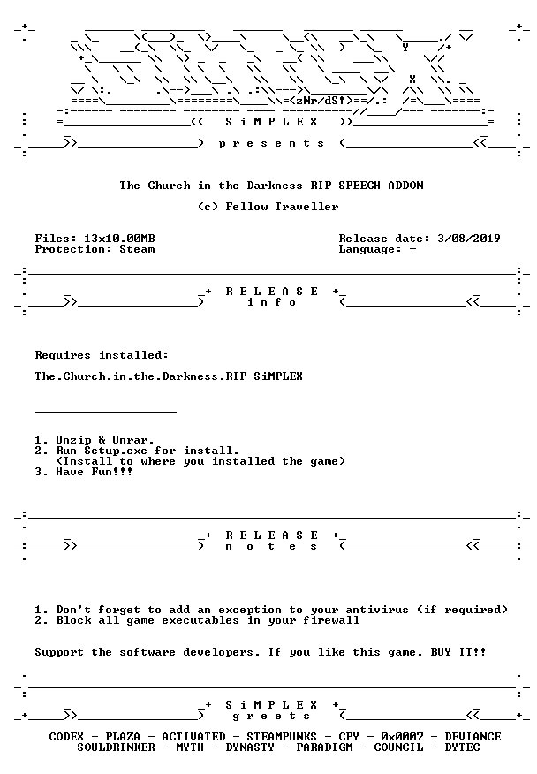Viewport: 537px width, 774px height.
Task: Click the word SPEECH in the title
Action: (359, 186)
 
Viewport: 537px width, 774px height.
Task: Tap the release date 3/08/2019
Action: (469, 239)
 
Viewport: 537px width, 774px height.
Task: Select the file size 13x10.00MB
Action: (119, 239)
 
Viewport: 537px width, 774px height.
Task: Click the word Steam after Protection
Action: (137, 249)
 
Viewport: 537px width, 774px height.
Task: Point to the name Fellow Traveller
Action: (283, 207)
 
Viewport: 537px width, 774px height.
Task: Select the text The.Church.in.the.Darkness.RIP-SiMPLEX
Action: (169, 376)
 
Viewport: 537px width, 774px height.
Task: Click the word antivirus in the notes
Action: (377, 610)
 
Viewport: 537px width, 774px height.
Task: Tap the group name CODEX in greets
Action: (66, 737)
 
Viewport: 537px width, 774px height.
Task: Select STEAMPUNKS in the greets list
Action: (282, 737)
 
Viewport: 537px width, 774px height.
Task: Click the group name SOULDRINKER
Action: (116, 747)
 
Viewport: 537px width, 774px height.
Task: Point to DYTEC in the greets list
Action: (462, 747)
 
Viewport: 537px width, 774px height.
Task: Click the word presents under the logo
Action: (271, 144)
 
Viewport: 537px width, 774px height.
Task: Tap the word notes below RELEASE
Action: (271, 546)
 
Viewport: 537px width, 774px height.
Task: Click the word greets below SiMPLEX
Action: (271, 716)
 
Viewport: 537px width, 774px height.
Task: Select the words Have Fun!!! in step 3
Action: (95, 472)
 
